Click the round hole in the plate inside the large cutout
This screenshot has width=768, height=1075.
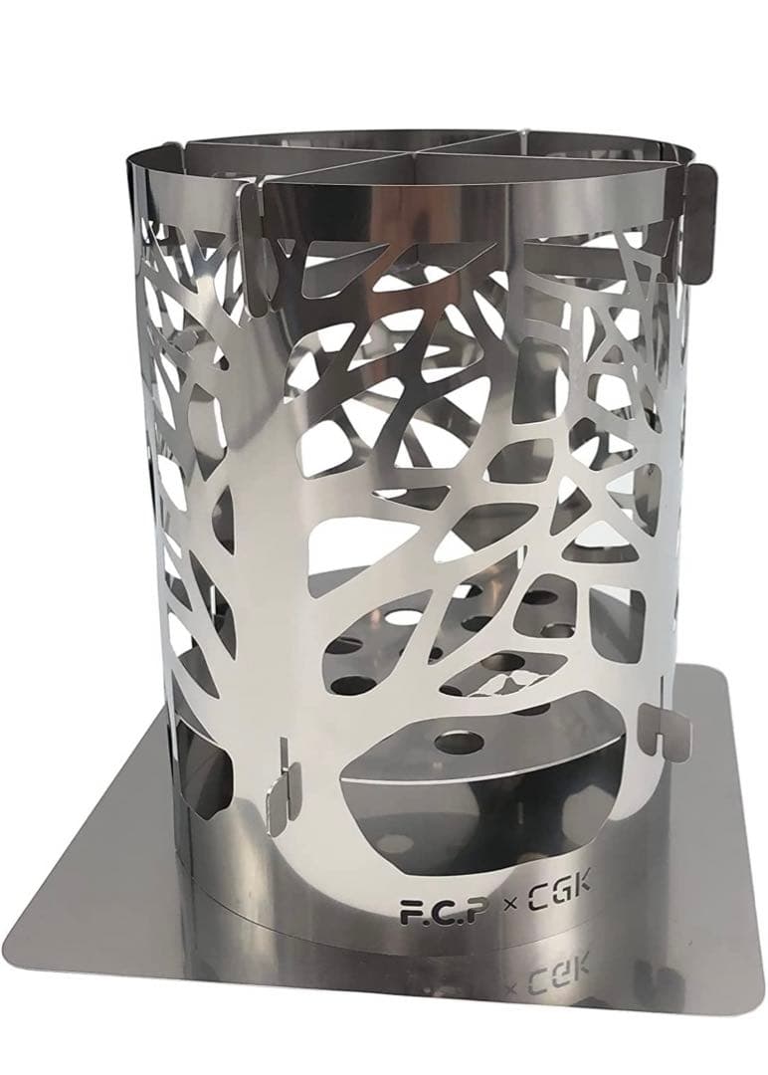(x=461, y=742)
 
